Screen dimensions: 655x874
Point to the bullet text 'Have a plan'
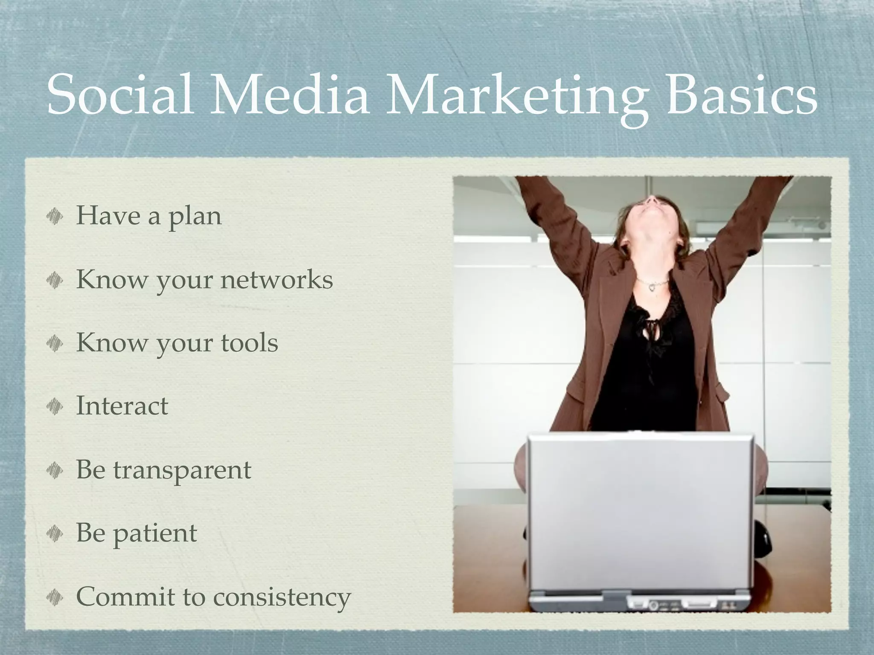(x=149, y=216)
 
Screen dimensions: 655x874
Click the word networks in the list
(x=276, y=279)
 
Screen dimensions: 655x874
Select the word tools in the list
(x=249, y=342)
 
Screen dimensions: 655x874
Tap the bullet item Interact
(x=122, y=406)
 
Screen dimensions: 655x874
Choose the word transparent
(x=182, y=470)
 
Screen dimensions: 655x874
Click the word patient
(x=154, y=533)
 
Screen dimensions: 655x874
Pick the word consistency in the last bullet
(x=282, y=596)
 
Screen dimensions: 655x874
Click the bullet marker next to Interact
(x=55, y=406)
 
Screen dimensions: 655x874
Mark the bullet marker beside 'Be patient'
(x=55, y=533)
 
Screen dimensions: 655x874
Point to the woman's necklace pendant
(x=653, y=287)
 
